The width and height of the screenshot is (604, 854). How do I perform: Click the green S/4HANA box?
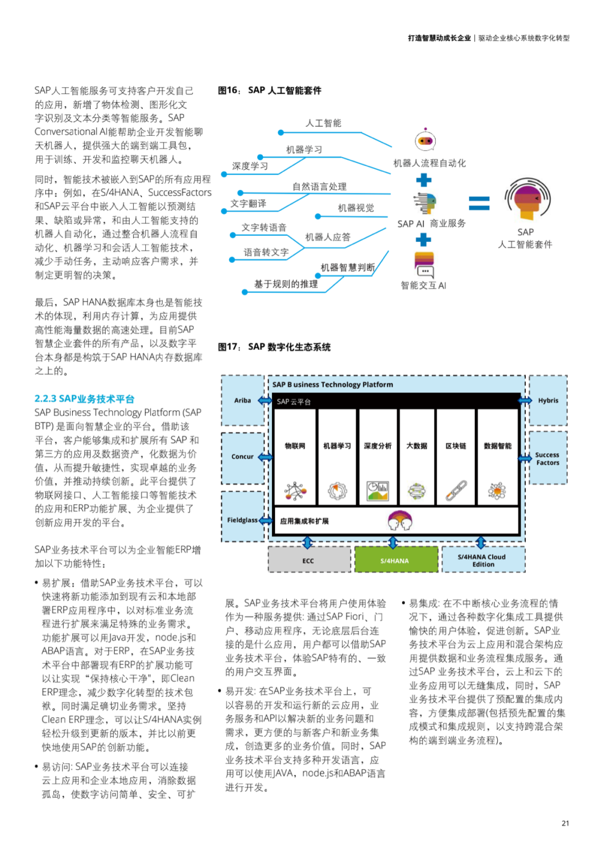tap(395, 560)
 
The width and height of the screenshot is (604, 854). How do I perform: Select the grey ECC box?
tap(309, 560)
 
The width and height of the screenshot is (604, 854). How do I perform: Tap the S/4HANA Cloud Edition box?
tap(482, 560)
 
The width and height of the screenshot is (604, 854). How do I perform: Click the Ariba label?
tap(243, 400)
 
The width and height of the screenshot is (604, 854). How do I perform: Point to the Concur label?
tap(243, 457)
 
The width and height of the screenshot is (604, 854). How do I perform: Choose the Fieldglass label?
tap(242, 520)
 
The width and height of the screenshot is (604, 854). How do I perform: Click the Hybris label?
tap(548, 400)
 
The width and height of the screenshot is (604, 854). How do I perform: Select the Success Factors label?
tap(548, 459)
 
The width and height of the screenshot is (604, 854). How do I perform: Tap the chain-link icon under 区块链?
tap(456, 490)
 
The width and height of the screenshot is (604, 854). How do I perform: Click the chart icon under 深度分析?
tap(377, 490)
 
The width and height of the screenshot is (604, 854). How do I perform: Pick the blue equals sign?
tap(479, 203)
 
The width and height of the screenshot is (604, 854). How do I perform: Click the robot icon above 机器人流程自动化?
tap(426, 140)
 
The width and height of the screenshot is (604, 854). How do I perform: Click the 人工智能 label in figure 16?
tap(323, 123)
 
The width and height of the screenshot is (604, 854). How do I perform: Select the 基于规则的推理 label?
tap(286, 284)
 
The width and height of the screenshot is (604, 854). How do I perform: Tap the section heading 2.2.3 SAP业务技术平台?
tap(84, 398)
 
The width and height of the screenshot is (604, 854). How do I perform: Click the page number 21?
tap(565, 823)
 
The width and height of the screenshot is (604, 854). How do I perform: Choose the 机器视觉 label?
tap(356, 208)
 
